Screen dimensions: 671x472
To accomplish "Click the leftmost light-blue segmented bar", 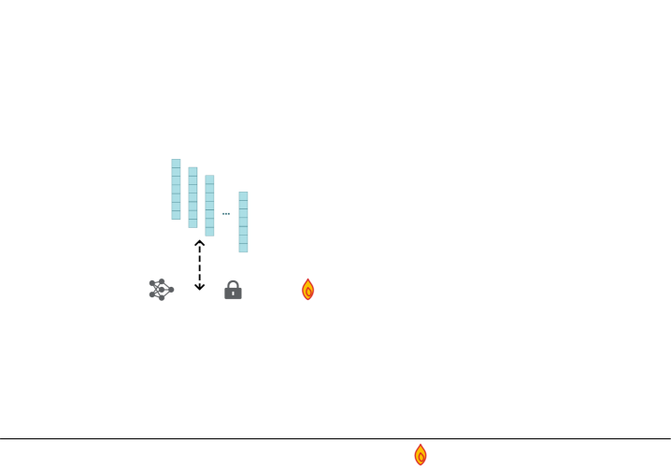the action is (x=176, y=190).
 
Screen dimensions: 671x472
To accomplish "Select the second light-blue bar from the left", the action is (x=193, y=197).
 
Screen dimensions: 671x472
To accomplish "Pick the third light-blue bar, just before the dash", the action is (x=209, y=206).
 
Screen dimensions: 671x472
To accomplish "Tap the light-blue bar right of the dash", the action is (x=243, y=222).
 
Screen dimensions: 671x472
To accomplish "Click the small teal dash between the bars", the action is (x=226, y=213).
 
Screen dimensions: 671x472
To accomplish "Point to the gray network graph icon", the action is (x=161, y=290).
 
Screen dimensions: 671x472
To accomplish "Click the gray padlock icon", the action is (x=233, y=291).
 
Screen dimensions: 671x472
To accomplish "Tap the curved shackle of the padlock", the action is (x=233, y=284).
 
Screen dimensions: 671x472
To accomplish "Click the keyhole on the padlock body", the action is (x=233, y=293).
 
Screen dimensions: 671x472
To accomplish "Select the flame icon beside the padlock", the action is (x=308, y=290).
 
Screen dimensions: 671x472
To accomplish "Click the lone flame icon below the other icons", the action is (x=421, y=455).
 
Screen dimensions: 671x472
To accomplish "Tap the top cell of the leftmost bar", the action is (x=176, y=163).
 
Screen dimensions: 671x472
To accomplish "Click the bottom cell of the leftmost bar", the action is (x=176, y=216).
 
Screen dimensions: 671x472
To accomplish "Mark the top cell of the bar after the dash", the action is (x=243, y=195).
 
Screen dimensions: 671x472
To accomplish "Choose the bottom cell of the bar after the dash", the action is (x=243, y=249).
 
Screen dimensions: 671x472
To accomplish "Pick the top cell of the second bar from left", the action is (x=193, y=171).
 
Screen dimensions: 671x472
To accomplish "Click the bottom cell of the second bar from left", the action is (x=193, y=224).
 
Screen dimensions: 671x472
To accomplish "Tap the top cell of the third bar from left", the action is (x=209, y=179).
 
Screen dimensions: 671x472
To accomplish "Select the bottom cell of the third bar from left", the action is (x=209, y=232).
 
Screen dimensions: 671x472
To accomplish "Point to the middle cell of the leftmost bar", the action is (x=176, y=190).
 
